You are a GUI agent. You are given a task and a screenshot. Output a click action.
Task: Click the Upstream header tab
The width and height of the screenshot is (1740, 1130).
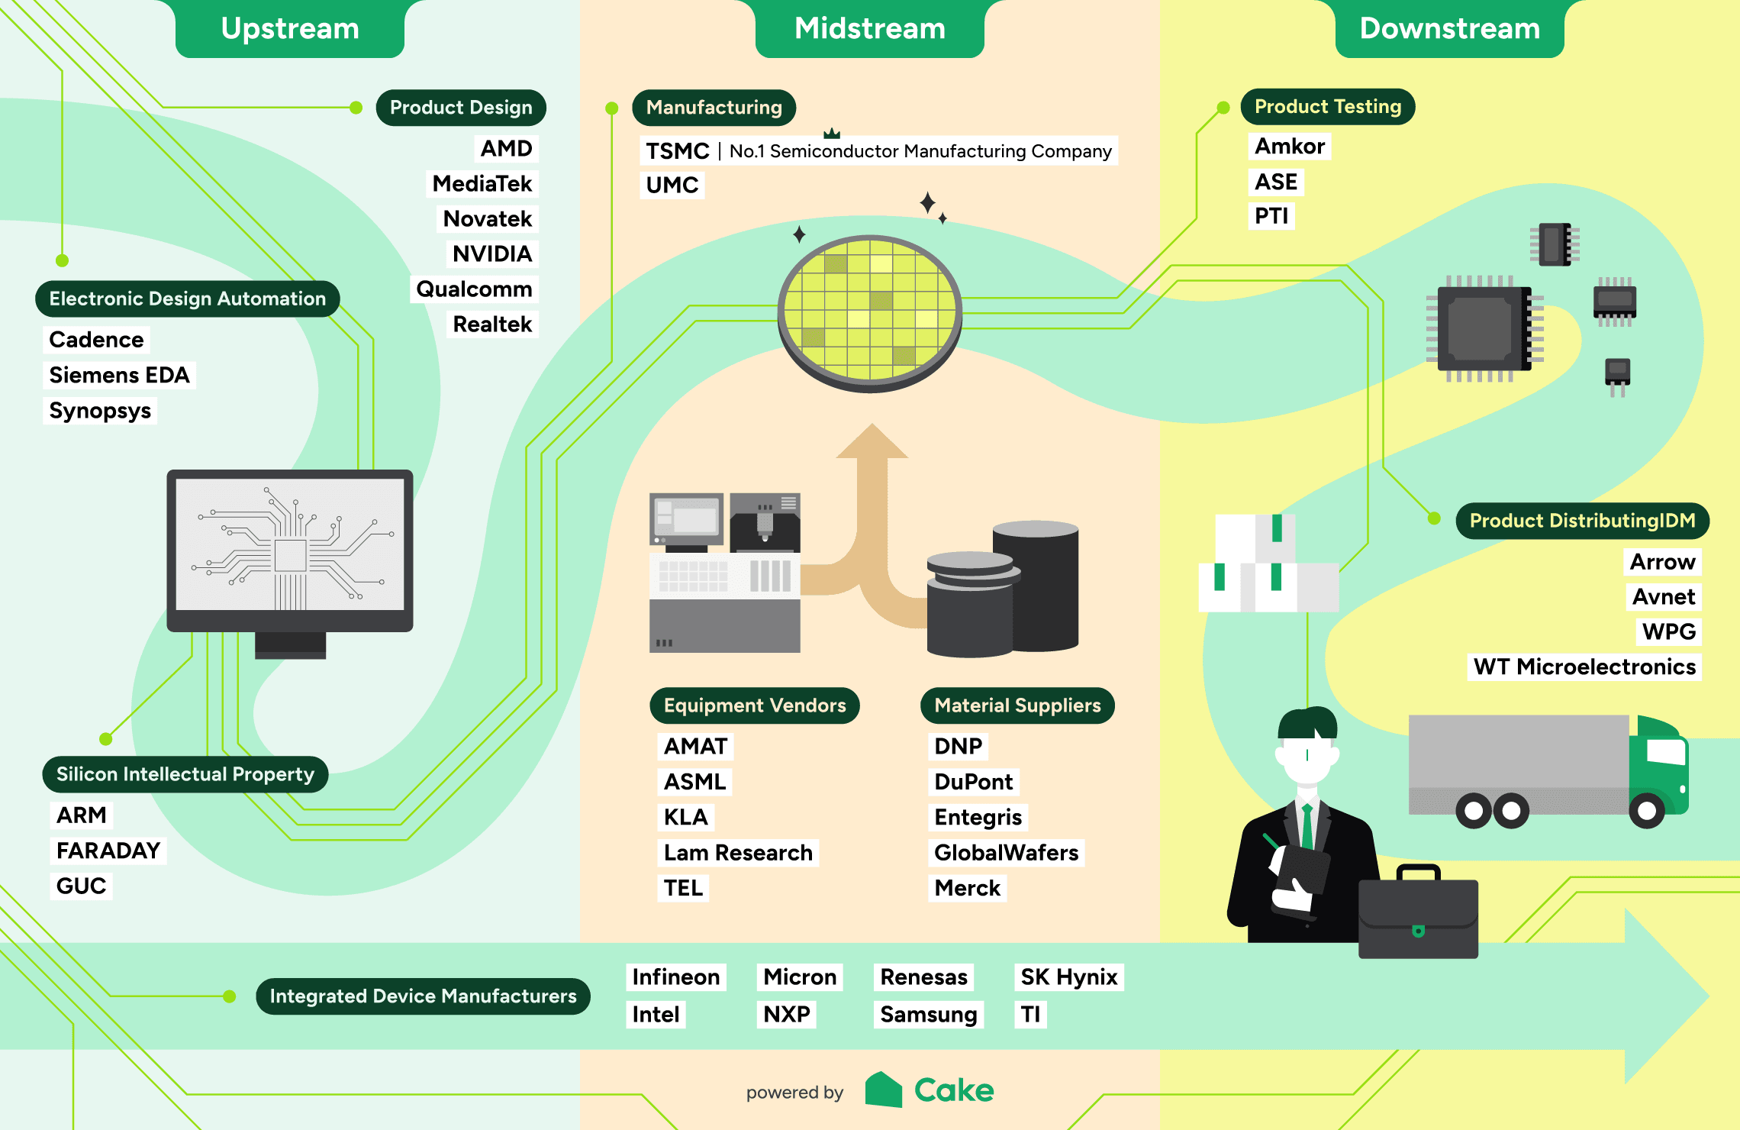click(290, 29)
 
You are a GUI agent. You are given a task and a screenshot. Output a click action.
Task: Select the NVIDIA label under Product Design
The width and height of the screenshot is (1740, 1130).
click(492, 253)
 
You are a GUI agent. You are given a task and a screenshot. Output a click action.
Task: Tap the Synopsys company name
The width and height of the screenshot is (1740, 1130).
click(100, 411)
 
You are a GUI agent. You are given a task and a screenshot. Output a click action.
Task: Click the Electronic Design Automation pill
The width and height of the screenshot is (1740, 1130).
click(187, 299)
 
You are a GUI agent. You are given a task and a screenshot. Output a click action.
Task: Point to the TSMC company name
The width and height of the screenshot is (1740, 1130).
click(677, 151)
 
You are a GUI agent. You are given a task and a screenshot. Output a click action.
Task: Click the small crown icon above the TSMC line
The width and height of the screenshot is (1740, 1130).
click(832, 134)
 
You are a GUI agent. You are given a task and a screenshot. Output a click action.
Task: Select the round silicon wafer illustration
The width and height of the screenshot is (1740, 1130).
click(870, 313)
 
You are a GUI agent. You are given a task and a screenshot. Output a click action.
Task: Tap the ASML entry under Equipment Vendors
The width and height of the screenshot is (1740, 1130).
click(694, 782)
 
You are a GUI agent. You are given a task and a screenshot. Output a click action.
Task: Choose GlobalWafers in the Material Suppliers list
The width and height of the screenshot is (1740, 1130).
click(1006, 852)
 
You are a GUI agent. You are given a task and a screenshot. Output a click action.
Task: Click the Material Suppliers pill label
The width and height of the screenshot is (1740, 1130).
click(1017, 705)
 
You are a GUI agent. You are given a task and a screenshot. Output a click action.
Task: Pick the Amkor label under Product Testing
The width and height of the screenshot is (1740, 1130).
click(1290, 146)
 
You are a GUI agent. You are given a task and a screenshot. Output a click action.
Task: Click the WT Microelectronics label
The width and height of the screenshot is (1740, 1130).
click(1584, 667)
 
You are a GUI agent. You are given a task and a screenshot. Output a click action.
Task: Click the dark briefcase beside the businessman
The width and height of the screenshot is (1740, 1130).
click(1418, 916)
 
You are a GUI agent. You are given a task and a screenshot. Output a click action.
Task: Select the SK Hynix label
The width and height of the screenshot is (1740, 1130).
click(1068, 977)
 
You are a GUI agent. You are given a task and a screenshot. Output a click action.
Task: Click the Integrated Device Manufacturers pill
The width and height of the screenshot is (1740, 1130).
click(423, 996)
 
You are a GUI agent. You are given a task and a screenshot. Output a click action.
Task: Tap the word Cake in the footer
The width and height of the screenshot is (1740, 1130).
click(954, 1090)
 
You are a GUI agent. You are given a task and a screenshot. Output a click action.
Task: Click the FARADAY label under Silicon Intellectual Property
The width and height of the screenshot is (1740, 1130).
click(108, 851)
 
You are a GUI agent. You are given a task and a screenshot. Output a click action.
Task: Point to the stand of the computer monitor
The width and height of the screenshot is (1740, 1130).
click(290, 644)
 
